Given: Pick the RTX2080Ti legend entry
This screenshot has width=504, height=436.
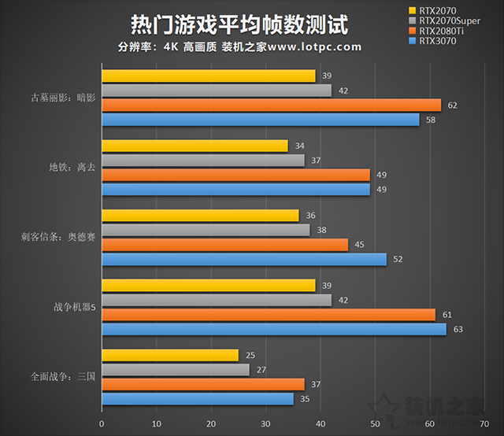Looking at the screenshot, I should [x=446, y=31].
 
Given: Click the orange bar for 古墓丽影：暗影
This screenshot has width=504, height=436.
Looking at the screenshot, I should [x=271, y=105].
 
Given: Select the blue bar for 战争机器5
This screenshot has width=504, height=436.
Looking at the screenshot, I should [x=273, y=329].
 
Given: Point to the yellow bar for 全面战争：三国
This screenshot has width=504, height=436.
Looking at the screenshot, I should [x=169, y=355].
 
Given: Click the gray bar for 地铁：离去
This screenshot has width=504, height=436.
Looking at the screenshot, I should [x=202, y=161].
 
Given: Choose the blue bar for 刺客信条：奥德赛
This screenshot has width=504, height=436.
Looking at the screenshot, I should [x=243, y=259].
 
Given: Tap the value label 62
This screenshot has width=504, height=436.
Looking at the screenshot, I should [x=452, y=105].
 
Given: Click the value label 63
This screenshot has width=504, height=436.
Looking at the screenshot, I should [x=458, y=329].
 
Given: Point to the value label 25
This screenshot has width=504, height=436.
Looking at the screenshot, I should [x=249, y=355].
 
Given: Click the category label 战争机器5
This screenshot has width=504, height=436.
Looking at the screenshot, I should [x=72, y=307].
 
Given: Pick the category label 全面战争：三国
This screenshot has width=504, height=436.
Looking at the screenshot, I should [x=63, y=377].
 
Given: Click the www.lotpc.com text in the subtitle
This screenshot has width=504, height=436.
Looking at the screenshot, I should [x=315, y=46].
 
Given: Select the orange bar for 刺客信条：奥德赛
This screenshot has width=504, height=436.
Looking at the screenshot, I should [x=224, y=245].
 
